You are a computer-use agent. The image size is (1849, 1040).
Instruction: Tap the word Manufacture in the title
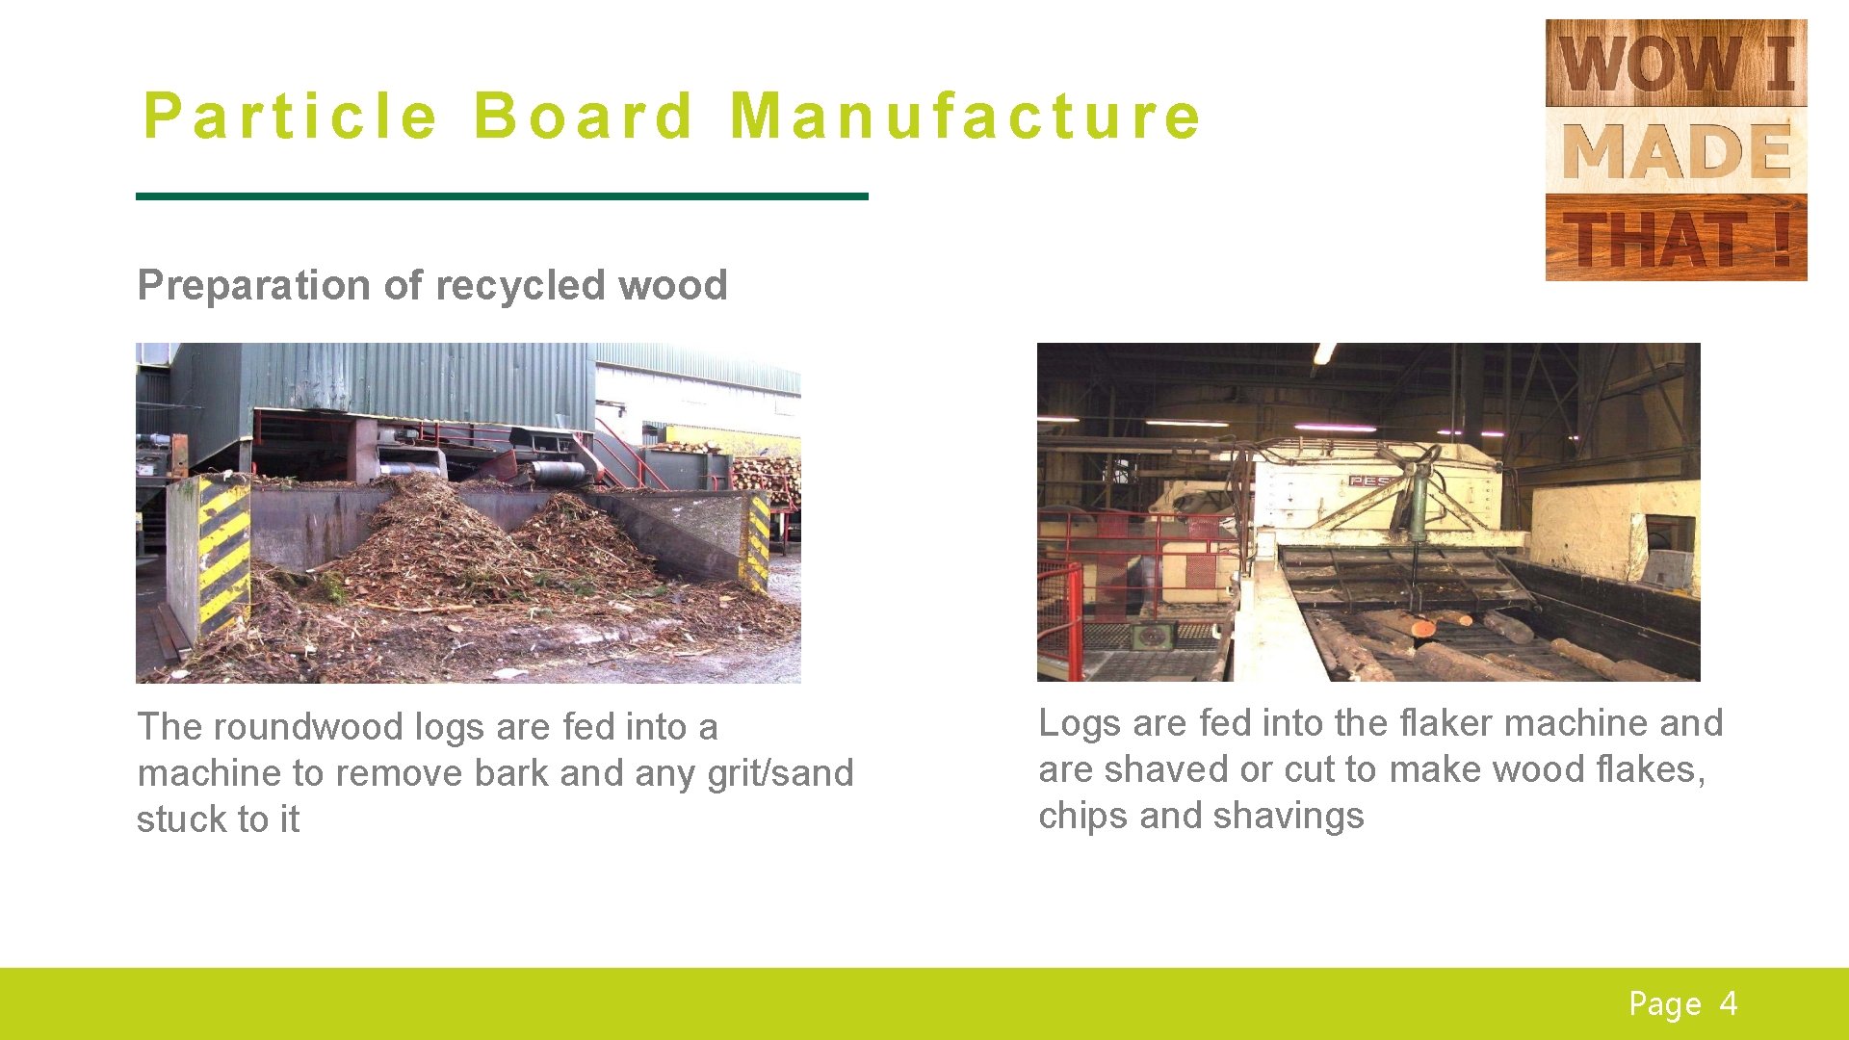point(965,116)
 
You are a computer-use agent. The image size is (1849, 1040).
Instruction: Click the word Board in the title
point(584,116)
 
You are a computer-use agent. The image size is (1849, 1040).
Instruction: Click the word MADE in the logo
point(1676,151)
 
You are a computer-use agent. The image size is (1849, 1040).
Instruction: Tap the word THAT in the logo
point(1654,239)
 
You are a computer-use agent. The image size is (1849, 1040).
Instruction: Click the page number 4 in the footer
point(1729,1003)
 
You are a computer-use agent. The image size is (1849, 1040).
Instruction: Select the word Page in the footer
point(1664,1004)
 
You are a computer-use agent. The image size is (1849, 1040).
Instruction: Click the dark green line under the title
point(501,196)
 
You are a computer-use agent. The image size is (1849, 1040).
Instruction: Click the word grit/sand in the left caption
point(780,773)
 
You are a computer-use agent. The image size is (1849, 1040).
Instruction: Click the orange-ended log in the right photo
point(1423,629)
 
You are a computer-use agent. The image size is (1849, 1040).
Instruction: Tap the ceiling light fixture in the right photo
point(1325,353)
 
